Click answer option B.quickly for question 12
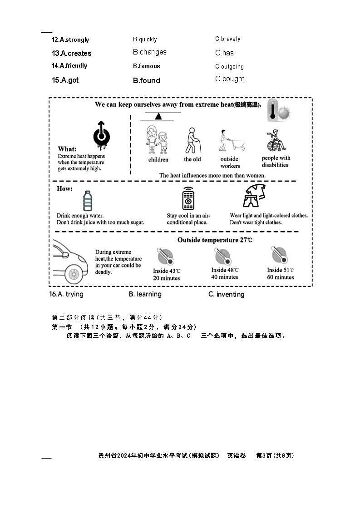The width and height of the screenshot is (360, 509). click(145, 40)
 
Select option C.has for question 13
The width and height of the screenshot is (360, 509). click(224, 53)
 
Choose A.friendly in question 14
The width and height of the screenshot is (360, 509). click(69, 66)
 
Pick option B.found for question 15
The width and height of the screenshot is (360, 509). click(146, 81)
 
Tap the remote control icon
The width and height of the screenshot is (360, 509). click(188, 198)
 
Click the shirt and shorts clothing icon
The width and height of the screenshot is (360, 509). click(254, 196)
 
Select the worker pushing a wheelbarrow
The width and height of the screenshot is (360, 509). click(232, 141)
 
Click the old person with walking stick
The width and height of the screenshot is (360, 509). click(192, 140)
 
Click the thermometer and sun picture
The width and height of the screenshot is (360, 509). click(278, 110)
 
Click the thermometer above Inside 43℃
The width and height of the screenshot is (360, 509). click(165, 256)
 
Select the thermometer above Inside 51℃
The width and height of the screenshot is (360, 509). click(279, 255)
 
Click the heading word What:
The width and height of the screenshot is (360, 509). click(67, 149)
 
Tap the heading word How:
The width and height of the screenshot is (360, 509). click(64, 188)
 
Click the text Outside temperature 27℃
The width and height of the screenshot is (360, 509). click(214, 240)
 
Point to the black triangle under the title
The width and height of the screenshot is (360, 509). click(158, 116)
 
